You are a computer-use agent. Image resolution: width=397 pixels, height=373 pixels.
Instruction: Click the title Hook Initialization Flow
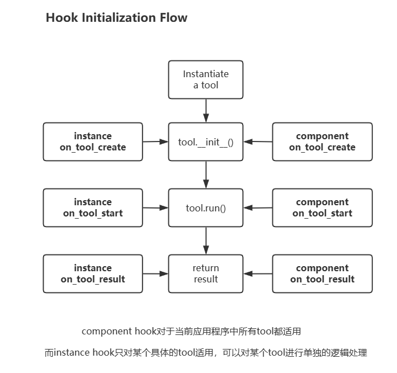116,18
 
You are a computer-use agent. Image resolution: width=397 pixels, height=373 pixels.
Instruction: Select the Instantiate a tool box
206,79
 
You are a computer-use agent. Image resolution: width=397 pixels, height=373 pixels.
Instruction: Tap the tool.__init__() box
206,141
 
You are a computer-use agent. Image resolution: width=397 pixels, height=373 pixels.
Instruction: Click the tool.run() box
206,208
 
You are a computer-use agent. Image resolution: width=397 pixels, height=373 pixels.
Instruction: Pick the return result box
206,273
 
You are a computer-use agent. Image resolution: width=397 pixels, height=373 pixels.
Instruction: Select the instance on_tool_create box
93,141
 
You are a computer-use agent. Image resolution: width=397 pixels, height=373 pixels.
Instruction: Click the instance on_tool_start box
93,207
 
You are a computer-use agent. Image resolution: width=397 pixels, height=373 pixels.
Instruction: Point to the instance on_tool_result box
93,273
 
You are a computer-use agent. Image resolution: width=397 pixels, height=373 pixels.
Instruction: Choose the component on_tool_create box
322,141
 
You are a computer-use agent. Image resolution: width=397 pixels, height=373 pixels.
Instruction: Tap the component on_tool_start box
322,207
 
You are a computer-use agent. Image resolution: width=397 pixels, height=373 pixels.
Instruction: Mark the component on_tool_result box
322,273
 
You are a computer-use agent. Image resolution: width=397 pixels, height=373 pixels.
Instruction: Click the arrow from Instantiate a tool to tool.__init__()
206,111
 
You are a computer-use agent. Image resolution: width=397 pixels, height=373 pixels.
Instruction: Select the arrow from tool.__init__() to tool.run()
206,174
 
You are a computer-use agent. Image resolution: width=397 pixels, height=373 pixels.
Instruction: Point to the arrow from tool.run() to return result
206,240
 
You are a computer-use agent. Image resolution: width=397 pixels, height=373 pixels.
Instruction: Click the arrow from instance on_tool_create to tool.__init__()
155,141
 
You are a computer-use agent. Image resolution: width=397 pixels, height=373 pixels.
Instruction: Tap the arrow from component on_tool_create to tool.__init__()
258,141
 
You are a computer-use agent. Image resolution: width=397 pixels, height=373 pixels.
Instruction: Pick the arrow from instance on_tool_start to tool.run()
155,207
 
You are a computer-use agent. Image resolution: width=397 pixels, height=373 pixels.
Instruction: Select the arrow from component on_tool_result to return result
258,273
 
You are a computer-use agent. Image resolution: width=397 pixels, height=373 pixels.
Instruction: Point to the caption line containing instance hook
206,353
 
